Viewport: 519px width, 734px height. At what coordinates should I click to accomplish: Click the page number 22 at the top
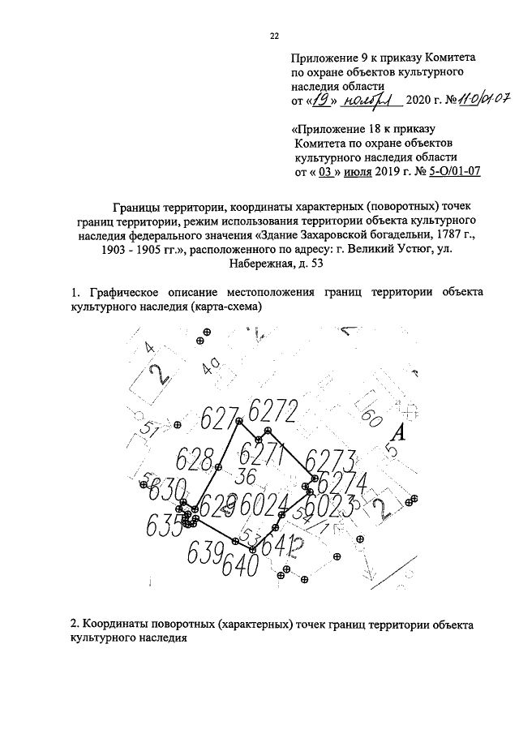[273, 36]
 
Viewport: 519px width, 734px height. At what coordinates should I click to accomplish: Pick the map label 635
[164, 526]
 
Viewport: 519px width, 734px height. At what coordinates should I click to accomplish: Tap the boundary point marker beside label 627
[238, 421]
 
